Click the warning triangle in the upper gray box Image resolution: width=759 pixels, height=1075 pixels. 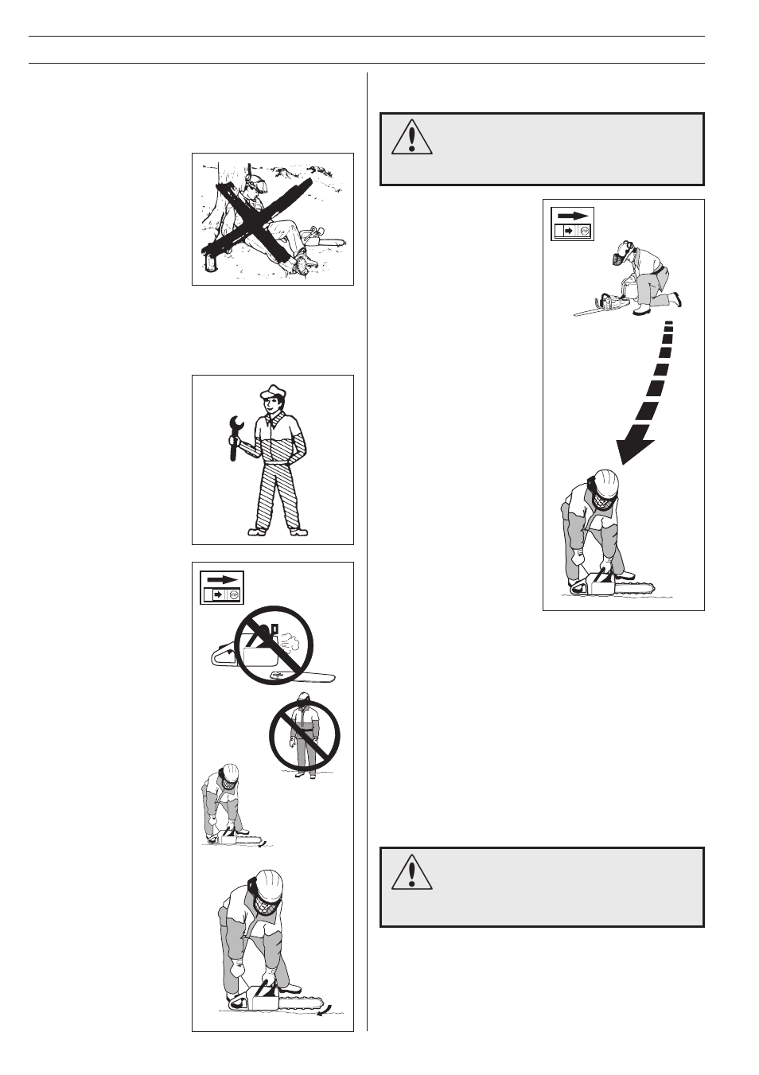[x=411, y=138]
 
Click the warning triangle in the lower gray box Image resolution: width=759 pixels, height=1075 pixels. [x=411, y=872]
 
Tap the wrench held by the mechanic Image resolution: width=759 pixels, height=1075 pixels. [x=234, y=437]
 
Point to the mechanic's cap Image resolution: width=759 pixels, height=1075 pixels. [x=272, y=392]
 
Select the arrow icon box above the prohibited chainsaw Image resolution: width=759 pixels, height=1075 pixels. [x=221, y=588]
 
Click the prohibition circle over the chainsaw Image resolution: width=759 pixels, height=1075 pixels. [x=274, y=645]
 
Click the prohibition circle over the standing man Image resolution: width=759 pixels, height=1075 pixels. [x=304, y=736]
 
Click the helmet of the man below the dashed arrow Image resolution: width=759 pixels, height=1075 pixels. [x=605, y=481]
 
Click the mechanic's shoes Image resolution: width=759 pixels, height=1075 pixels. [x=277, y=532]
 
